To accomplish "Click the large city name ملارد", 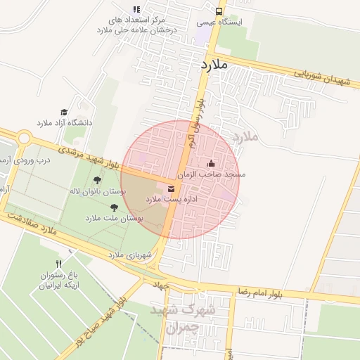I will [x=214, y=65].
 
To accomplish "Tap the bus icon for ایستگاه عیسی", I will [x=219, y=11].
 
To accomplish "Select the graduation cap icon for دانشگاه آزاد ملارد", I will [x=64, y=112].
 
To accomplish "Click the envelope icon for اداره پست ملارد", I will [x=171, y=188].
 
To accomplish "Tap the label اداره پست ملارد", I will [x=163, y=200].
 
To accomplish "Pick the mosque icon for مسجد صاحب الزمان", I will [x=212, y=163].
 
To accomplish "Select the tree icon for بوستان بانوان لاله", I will [x=98, y=179].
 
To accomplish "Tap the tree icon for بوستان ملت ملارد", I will [x=114, y=207].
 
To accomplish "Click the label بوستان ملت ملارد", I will [x=114, y=219].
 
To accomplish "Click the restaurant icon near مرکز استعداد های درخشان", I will [x=136, y=10].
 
